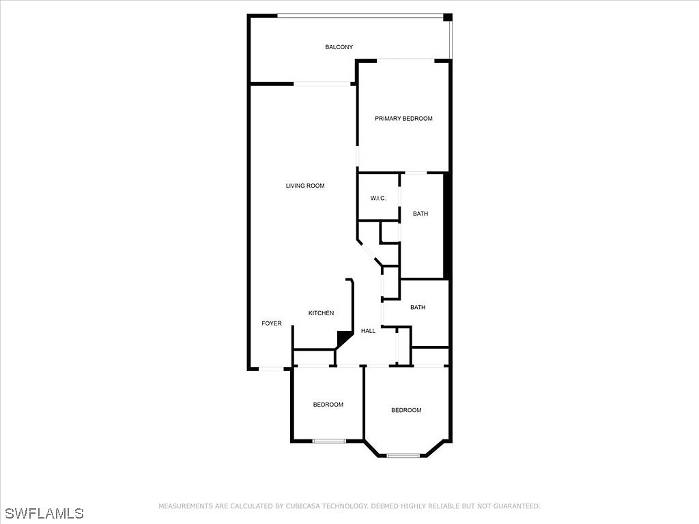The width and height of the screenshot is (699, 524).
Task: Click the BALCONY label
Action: (339, 47)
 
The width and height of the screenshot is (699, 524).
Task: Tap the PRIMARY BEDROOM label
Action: (403, 119)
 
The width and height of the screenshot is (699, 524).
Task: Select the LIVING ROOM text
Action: (305, 186)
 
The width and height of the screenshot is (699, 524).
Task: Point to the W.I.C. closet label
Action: (378, 199)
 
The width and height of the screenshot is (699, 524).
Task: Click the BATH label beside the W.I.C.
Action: (420, 214)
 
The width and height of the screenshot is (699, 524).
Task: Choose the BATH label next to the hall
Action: (418, 308)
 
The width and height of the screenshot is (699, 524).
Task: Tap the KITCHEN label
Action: (321, 313)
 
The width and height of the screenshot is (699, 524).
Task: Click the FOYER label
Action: (272, 323)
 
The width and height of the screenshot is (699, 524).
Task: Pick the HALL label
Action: (368, 331)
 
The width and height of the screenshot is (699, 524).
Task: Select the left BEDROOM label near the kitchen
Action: (328, 405)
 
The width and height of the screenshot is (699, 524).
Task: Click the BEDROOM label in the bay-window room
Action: (406, 410)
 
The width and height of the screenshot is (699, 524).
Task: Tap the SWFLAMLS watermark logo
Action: (42, 512)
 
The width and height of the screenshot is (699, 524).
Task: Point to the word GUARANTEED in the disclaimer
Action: (516, 506)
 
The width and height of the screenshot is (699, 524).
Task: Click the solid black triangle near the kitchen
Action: (343, 338)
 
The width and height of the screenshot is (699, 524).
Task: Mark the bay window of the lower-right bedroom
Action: (403, 455)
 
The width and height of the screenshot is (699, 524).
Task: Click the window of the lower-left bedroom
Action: (330, 441)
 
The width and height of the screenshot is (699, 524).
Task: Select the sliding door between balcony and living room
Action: (322, 84)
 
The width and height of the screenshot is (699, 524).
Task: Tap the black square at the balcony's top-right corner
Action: (448, 18)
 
